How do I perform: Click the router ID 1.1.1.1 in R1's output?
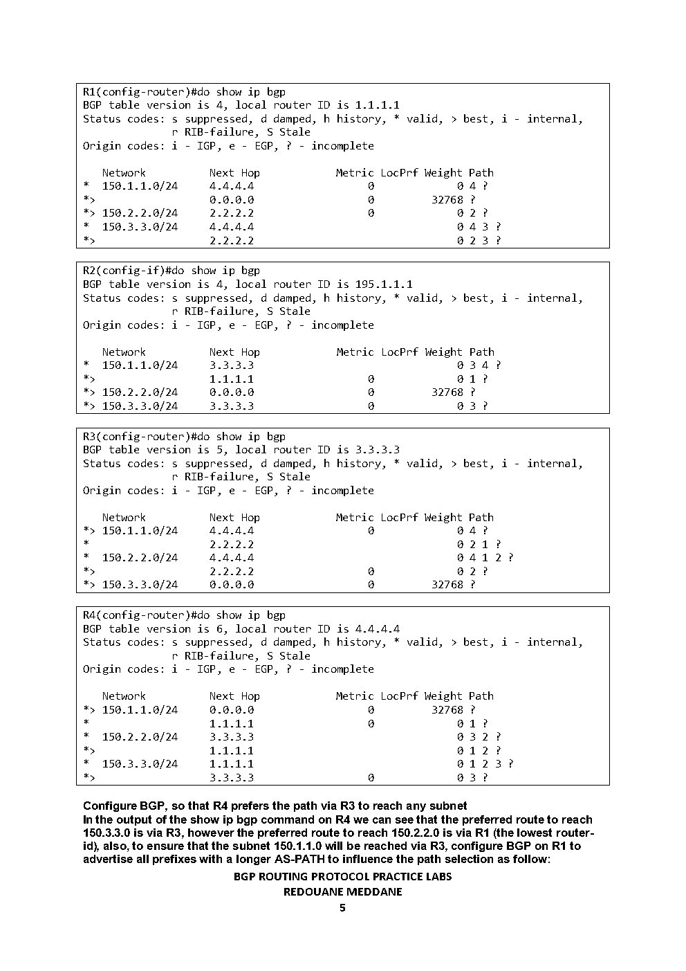377,105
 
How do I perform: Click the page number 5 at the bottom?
342,908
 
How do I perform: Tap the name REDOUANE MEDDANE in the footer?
342,892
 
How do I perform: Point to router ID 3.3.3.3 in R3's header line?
377,450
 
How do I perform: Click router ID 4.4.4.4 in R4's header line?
377,629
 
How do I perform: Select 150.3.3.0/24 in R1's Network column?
140,227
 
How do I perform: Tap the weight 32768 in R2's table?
447,392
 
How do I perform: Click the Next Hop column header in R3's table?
234,518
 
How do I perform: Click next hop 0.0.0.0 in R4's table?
232,710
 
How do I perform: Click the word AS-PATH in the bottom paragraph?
384,860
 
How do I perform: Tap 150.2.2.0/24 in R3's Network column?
140,558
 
